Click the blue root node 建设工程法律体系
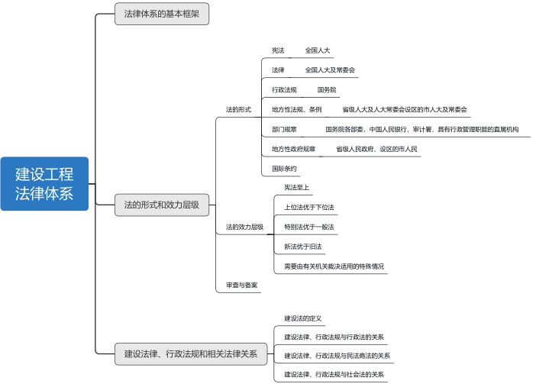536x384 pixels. (x=45, y=183)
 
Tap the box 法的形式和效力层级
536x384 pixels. (x=162, y=205)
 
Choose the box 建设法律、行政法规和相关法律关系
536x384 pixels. (x=190, y=353)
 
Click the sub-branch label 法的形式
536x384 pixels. (x=238, y=109)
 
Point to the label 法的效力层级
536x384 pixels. (x=244, y=227)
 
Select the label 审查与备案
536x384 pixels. (x=241, y=285)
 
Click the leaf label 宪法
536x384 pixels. (x=278, y=50)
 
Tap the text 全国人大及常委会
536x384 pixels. (x=330, y=70)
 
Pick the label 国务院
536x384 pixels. (x=327, y=90)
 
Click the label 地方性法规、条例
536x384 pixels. (x=296, y=110)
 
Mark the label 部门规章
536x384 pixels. (x=285, y=129)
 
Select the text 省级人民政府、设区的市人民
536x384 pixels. (x=376, y=149)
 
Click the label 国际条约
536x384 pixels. (x=284, y=168)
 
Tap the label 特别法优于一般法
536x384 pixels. (x=304, y=227)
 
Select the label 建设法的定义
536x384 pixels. (x=303, y=318)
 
